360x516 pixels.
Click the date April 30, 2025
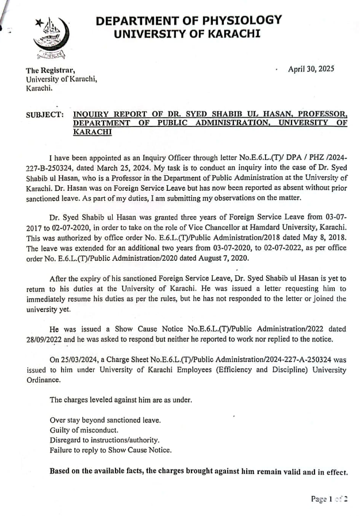[311, 69]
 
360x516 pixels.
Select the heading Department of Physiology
[189, 21]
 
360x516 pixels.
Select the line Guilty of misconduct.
[84, 430]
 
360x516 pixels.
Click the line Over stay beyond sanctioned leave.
[105, 420]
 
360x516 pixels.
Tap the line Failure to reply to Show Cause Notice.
[110, 450]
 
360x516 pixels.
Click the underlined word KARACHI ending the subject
[92, 132]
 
